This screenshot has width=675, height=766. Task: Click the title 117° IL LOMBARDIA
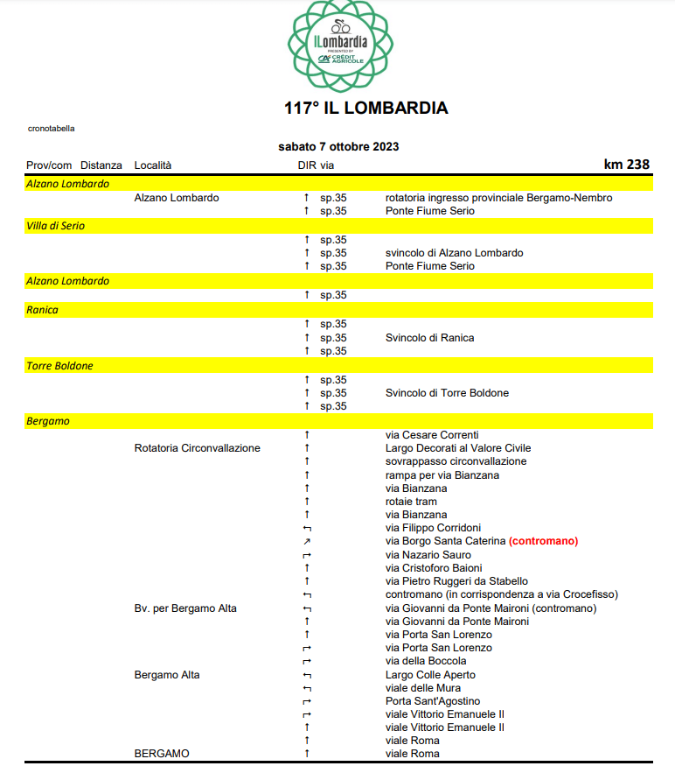tap(365, 109)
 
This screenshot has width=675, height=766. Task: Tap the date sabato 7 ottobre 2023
tap(338, 146)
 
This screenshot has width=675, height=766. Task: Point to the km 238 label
tap(626, 164)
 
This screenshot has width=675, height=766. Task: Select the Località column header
tap(153, 165)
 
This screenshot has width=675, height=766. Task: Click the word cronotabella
tap(52, 128)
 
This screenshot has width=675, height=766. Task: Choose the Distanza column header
tap(101, 165)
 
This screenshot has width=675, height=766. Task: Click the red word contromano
tap(543, 541)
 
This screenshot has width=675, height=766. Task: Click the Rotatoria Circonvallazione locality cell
tap(198, 448)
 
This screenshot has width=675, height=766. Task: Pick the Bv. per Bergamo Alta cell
tap(185, 608)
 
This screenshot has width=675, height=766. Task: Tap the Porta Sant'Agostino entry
tap(433, 701)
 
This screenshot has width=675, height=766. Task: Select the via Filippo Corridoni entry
tap(433, 528)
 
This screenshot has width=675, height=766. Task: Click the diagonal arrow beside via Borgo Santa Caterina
tap(307, 542)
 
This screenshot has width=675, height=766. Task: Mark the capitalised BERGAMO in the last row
tap(162, 754)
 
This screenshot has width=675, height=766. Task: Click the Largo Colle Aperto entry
tap(430, 675)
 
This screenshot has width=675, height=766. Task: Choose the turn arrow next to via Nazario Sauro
tap(307, 555)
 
